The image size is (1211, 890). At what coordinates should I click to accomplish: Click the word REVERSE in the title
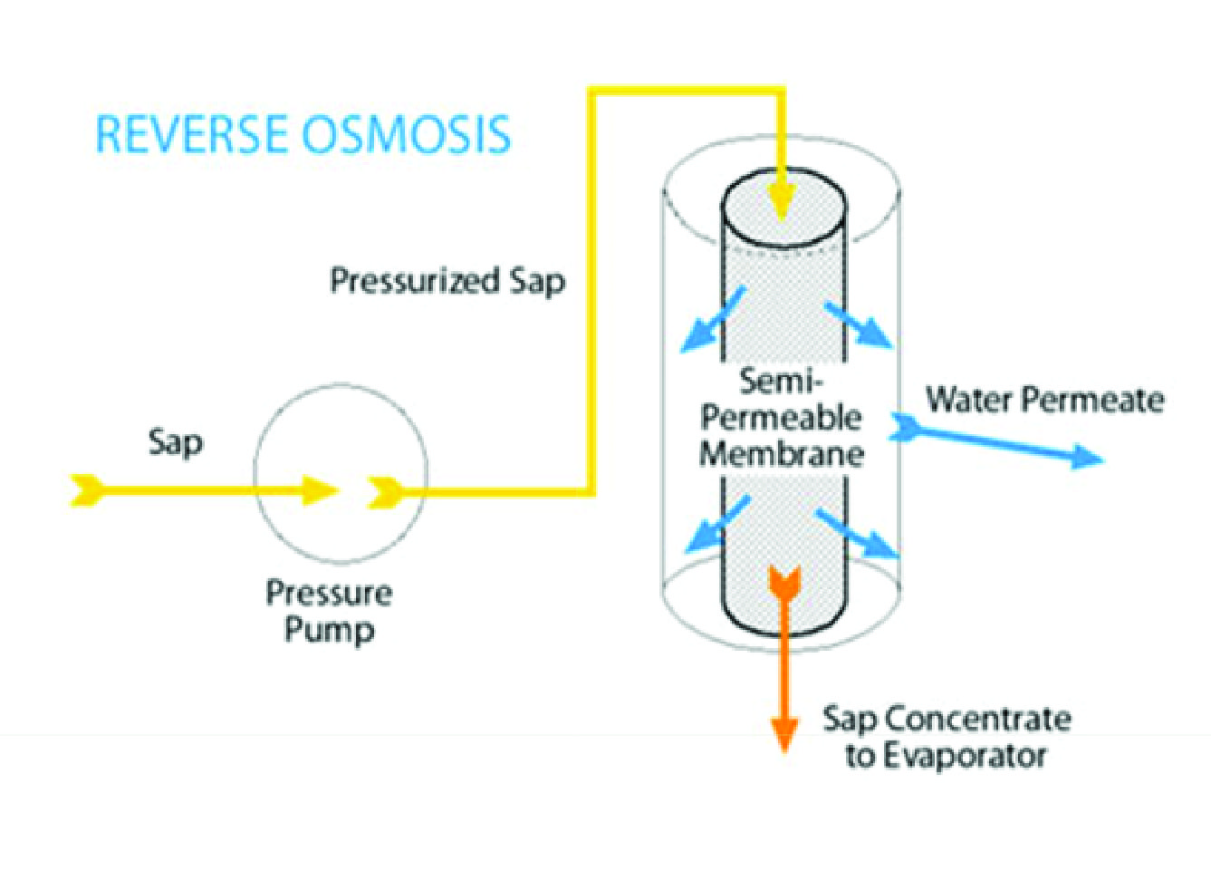[193, 134]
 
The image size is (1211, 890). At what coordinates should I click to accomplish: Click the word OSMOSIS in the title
[406, 134]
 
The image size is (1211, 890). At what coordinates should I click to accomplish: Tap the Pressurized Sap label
[447, 280]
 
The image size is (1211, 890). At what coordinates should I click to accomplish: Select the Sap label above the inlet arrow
[176, 443]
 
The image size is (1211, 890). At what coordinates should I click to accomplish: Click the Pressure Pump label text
[329, 611]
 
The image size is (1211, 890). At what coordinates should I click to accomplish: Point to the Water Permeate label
[1044, 400]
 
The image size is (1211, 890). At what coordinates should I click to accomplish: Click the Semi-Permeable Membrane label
[782, 417]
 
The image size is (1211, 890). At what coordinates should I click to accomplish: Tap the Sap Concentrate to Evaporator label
[947, 737]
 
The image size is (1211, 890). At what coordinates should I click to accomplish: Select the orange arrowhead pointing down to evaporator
[784, 732]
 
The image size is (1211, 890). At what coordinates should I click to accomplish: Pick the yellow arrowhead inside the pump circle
[320, 491]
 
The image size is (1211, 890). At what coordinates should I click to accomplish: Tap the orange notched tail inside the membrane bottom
[783, 582]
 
